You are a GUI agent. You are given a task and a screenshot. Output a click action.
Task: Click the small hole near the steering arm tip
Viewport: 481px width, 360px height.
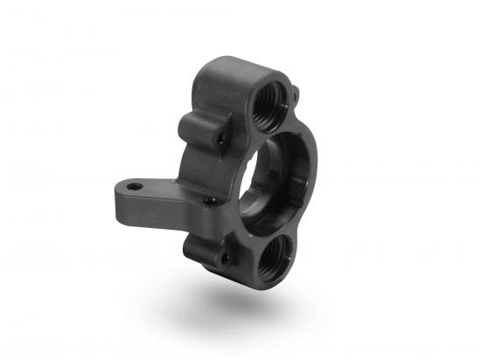(x=133, y=187)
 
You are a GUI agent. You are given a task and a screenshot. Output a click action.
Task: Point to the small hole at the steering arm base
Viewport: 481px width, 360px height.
(x=209, y=202)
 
